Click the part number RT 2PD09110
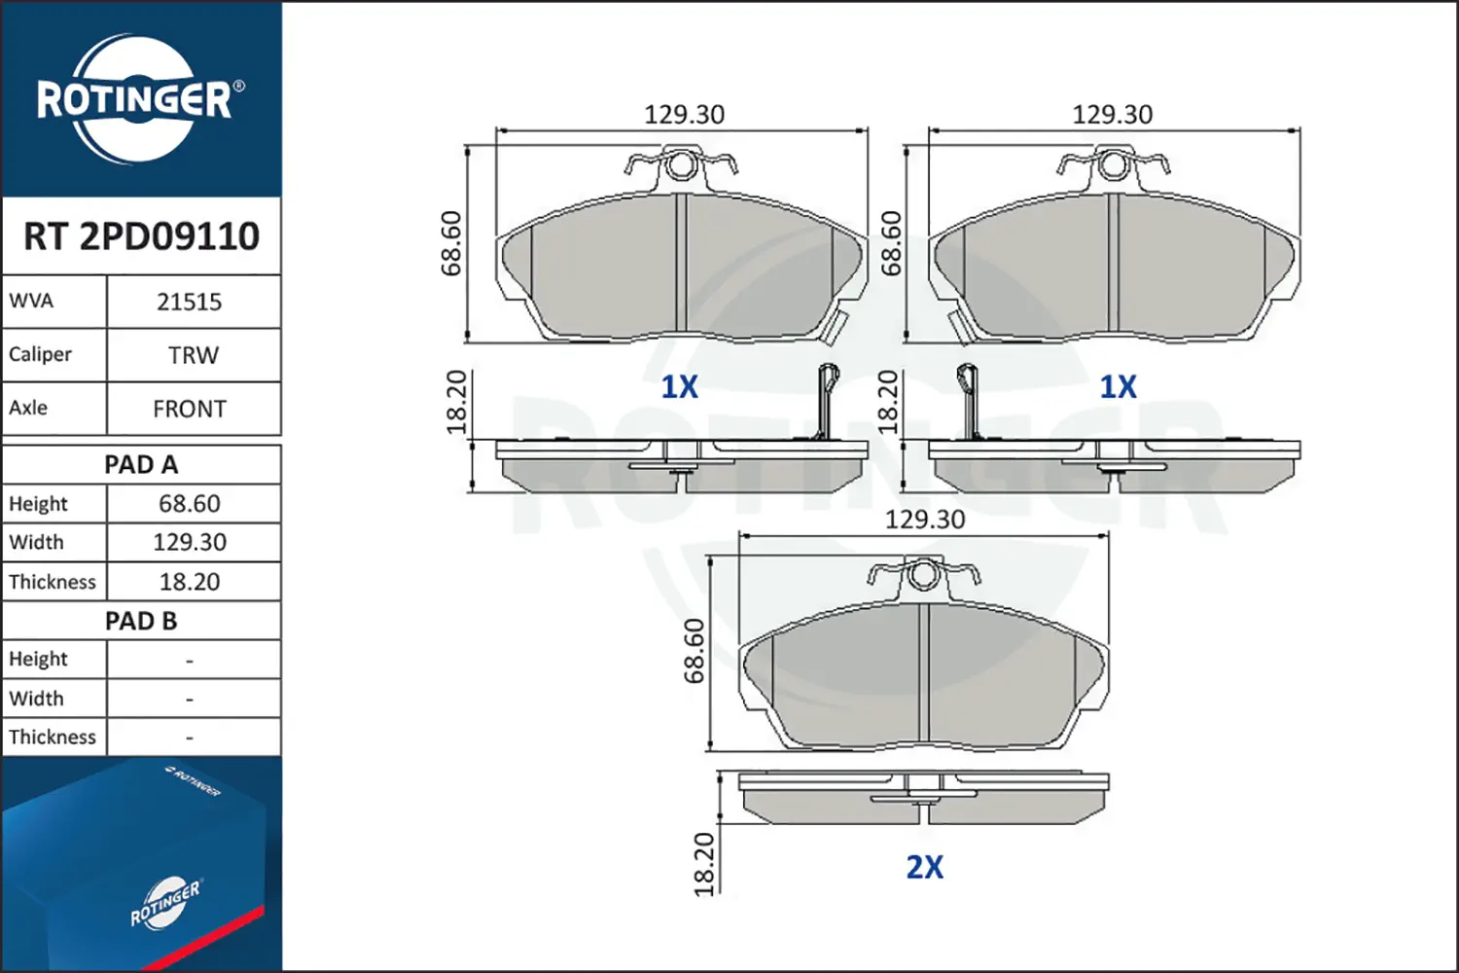[141, 235]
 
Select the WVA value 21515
[190, 303]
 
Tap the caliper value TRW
[194, 356]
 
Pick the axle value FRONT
[190, 410]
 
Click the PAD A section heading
[141, 465]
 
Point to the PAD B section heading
[141, 621]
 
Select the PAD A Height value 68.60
[190, 504]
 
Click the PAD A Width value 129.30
[190, 542]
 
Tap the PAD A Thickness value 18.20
[190, 581]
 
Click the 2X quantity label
[924, 867]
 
